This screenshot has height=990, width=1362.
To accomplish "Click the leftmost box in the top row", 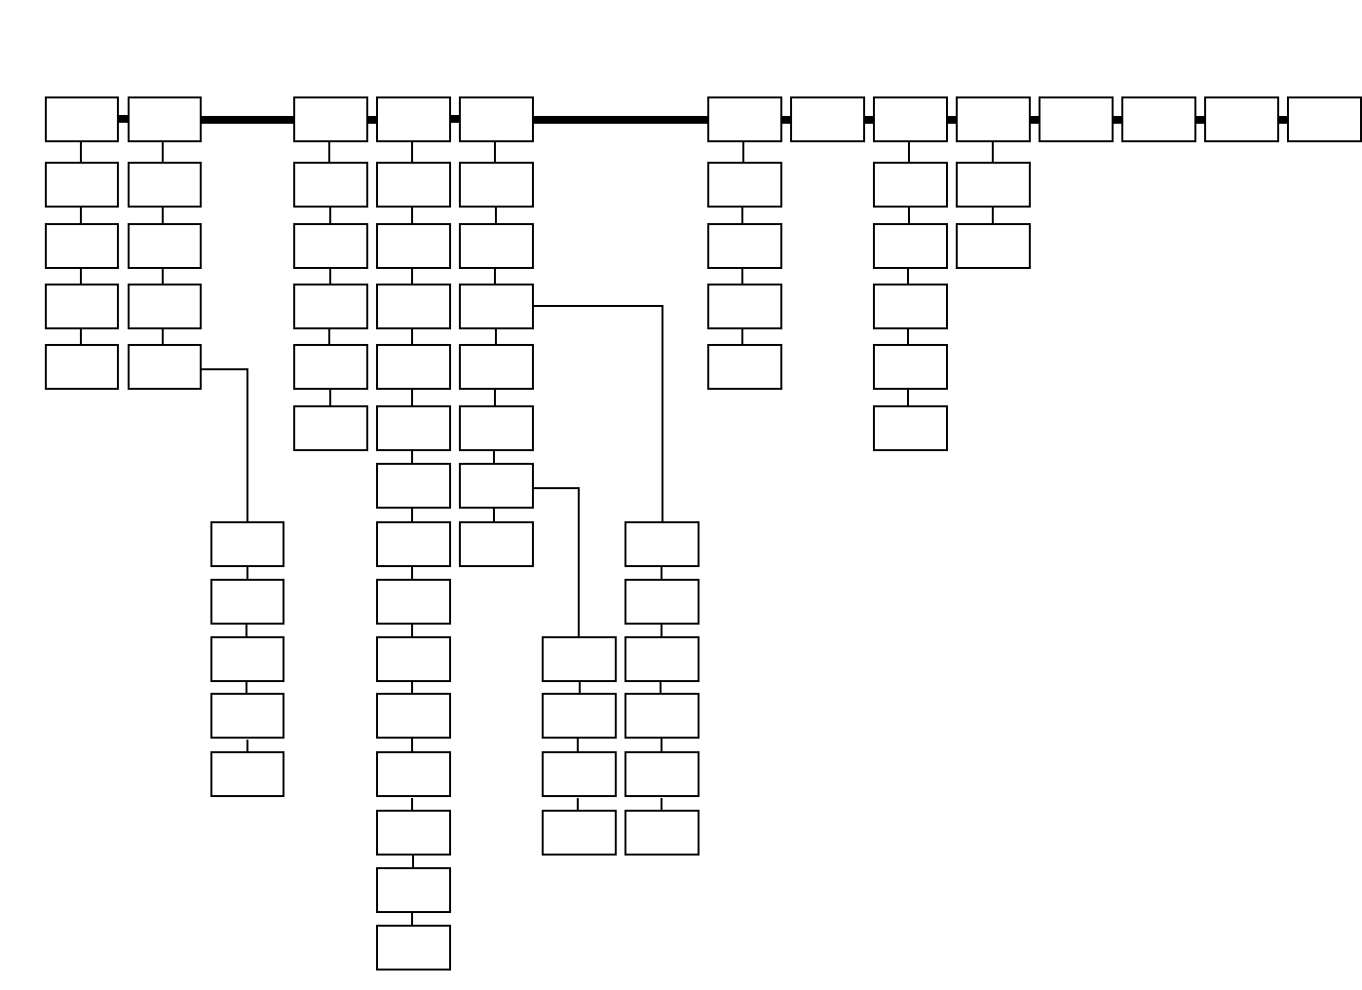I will pyautogui.click(x=82, y=119).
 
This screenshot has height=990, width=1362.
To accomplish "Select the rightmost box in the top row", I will pyautogui.click(x=1324, y=119).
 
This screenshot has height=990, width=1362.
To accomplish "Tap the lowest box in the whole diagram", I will pyautogui.click(x=413, y=947).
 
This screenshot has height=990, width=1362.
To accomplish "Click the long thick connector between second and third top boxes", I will pyautogui.click(x=247, y=120).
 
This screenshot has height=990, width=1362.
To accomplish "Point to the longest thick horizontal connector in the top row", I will pyautogui.click(x=621, y=120).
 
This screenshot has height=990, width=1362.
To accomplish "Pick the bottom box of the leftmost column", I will pyautogui.click(x=82, y=366).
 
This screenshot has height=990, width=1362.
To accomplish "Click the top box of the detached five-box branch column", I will pyautogui.click(x=247, y=544).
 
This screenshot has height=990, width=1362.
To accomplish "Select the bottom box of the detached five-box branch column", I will pyautogui.click(x=247, y=774).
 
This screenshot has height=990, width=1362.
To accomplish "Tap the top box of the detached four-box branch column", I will pyautogui.click(x=579, y=659).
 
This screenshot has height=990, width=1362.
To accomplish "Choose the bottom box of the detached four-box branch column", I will pyautogui.click(x=579, y=832).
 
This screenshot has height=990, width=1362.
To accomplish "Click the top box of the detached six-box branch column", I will pyautogui.click(x=662, y=544).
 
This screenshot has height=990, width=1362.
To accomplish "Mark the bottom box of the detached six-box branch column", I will pyautogui.click(x=662, y=832).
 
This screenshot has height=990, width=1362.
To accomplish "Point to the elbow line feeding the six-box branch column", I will pyautogui.click(x=662, y=409).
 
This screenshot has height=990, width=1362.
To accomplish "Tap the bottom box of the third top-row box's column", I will pyautogui.click(x=330, y=428).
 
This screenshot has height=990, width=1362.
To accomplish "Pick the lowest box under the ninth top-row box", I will pyautogui.click(x=993, y=246).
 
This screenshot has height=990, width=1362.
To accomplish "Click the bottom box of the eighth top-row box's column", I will pyautogui.click(x=910, y=428).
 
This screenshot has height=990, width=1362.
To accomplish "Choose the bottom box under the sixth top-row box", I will pyautogui.click(x=744, y=366).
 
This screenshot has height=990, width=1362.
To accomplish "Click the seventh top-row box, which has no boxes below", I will pyautogui.click(x=827, y=119).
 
